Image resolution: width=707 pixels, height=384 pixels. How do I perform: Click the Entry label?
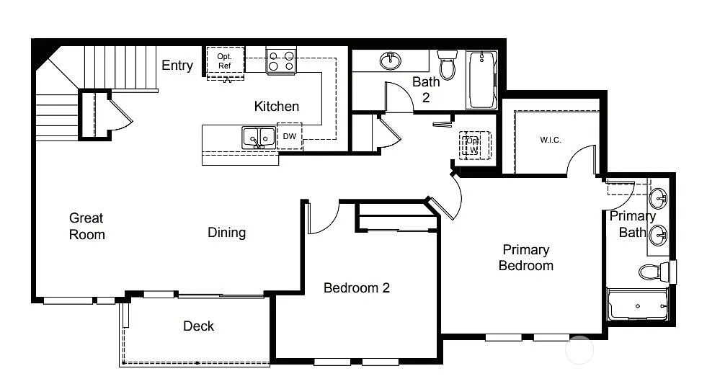pyautogui.click(x=177, y=66)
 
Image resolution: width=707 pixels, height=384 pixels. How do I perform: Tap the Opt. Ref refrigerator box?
pyautogui.click(x=226, y=62)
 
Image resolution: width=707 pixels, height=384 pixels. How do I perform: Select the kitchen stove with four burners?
pyautogui.click(x=281, y=61)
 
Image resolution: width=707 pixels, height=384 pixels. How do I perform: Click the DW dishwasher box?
pyautogui.click(x=289, y=135)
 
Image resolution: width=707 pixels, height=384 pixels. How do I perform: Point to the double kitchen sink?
pyautogui.click(x=257, y=136)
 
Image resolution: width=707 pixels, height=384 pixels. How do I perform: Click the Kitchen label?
pyautogui.click(x=276, y=107)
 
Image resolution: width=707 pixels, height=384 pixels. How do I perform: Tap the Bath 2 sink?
pyautogui.click(x=391, y=60)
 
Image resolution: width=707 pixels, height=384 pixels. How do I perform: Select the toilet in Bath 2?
pyautogui.click(x=448, y=64)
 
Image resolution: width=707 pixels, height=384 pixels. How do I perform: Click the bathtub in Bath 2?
pyautogui.click(x=481, y=79)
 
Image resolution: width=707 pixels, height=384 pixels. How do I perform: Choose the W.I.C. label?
pyautogui.click(x=550, y=140)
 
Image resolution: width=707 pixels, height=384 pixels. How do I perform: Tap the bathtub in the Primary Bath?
pyautogui.click(x=637, y=305)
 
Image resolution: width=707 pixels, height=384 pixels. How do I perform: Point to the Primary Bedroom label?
pyautogui.click(x=526, y=257)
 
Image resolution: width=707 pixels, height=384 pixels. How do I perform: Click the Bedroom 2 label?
pyautogui.click(x=356, y=288)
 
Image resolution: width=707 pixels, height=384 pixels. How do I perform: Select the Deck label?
pyautogui.click(x=198, y=326)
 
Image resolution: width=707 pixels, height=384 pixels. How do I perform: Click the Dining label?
pyautogui.click(x=226, y=233)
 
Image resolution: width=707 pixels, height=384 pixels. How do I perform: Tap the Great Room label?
pyautogui.click(x=86, y=226)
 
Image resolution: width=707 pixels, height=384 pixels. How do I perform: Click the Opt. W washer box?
pyautogui.click(x=473, y=145)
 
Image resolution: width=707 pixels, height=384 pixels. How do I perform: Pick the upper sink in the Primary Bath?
pyautogui.click(x=658, y=197)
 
